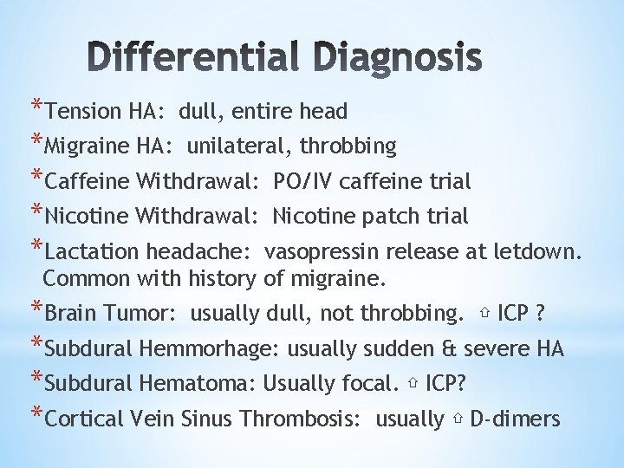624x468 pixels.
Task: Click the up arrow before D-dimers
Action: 457,420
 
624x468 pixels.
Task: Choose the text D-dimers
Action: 515,419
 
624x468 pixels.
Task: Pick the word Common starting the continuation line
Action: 84,279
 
